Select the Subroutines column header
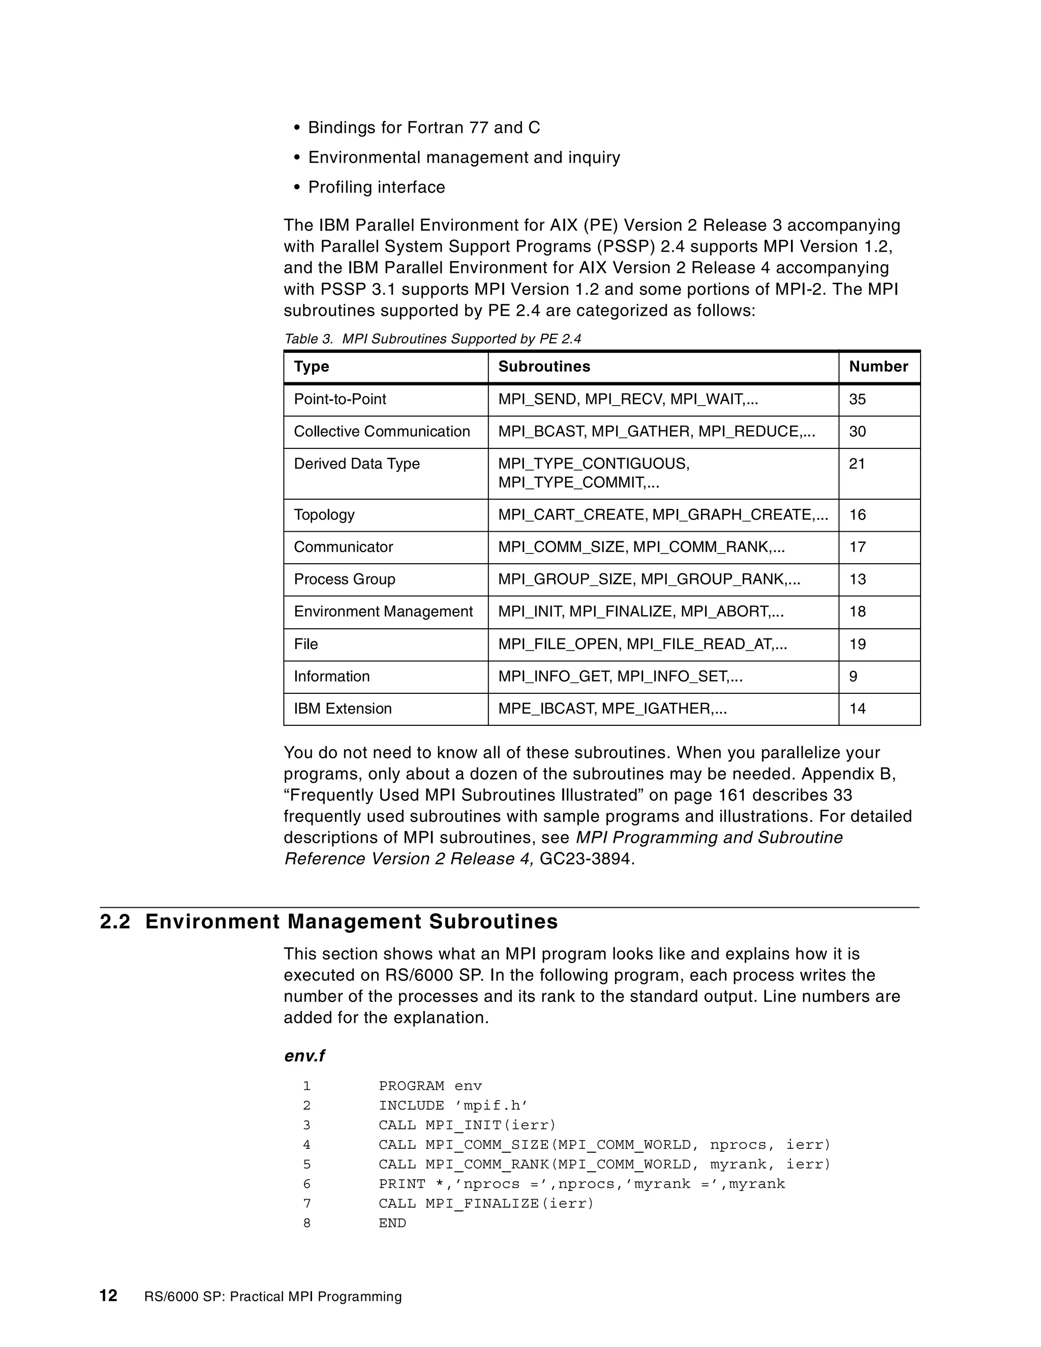[543, 366]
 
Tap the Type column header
[312, 366]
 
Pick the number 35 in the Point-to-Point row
[857, 399]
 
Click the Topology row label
[324, 514]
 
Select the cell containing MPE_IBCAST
[612, 708]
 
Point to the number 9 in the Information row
[853, 676]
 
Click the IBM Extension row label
[342, 708]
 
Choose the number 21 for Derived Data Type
[857, 463]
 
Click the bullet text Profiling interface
[376, 187]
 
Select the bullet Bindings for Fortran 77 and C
[424, 128]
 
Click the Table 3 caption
[432, 339]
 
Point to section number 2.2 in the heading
[115, 922]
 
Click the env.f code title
[304, 1056]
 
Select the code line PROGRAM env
[430, 1086]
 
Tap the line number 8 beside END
[307, 1223]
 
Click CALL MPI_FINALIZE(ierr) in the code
[485, 1203]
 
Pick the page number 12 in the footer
[109, 1296]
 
